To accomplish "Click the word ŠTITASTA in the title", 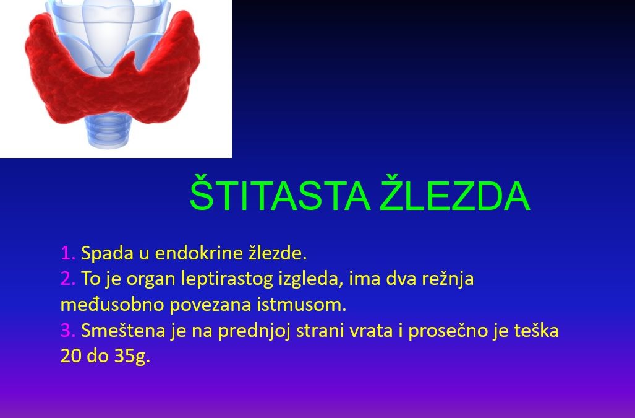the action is pyautogui.click(x=280, y=193).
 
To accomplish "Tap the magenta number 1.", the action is pyautogui.click(x=67, y=253).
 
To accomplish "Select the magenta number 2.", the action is pyautogui.click(x=67, y=279).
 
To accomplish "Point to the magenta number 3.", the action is pyautogui.click(x=67, y=331).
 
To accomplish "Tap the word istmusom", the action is pyautogui.click(x=301, y=305).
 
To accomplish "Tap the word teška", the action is pyautogui.click(x=536, y=331).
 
